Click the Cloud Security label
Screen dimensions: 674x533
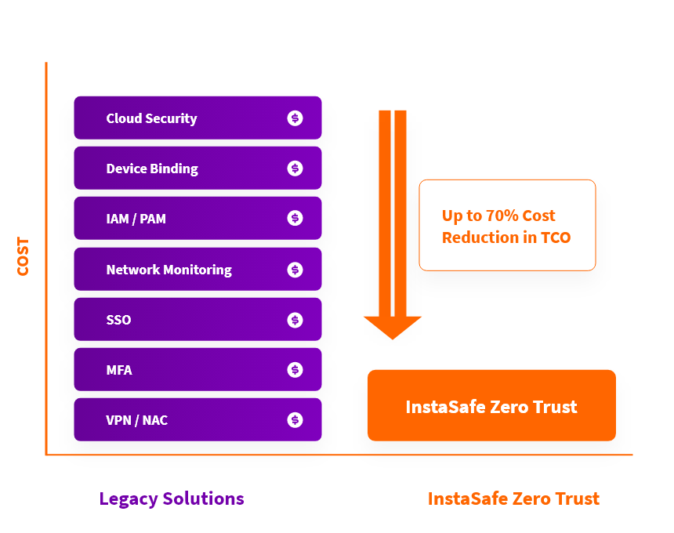pos(151,118)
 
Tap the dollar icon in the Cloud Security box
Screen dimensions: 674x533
pos(295,118)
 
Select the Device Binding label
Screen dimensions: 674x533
pos(152,169)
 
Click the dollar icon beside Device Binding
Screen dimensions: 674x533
pos(295,168)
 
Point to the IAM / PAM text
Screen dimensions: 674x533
pos(136,219)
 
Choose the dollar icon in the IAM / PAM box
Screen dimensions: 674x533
pos(295,218)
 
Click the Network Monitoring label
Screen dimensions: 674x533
pos(169,270)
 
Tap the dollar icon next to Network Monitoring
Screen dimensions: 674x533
pos(295,270)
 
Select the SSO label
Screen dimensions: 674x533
pos(118,320)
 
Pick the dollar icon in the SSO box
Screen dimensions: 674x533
pos(295,320)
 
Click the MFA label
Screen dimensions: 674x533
pos(119,370)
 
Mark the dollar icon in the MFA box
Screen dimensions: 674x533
pos(295,370)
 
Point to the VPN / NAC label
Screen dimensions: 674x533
pos(136,420)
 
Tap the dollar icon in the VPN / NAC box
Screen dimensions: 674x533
pos(295,419)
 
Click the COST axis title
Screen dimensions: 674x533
pos(23,256)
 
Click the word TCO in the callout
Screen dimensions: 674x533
pos(556,237)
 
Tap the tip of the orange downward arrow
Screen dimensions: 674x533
pos(393,339)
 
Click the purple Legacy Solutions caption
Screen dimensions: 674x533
pos(172,499)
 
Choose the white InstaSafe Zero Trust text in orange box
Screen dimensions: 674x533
pos(491,407)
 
